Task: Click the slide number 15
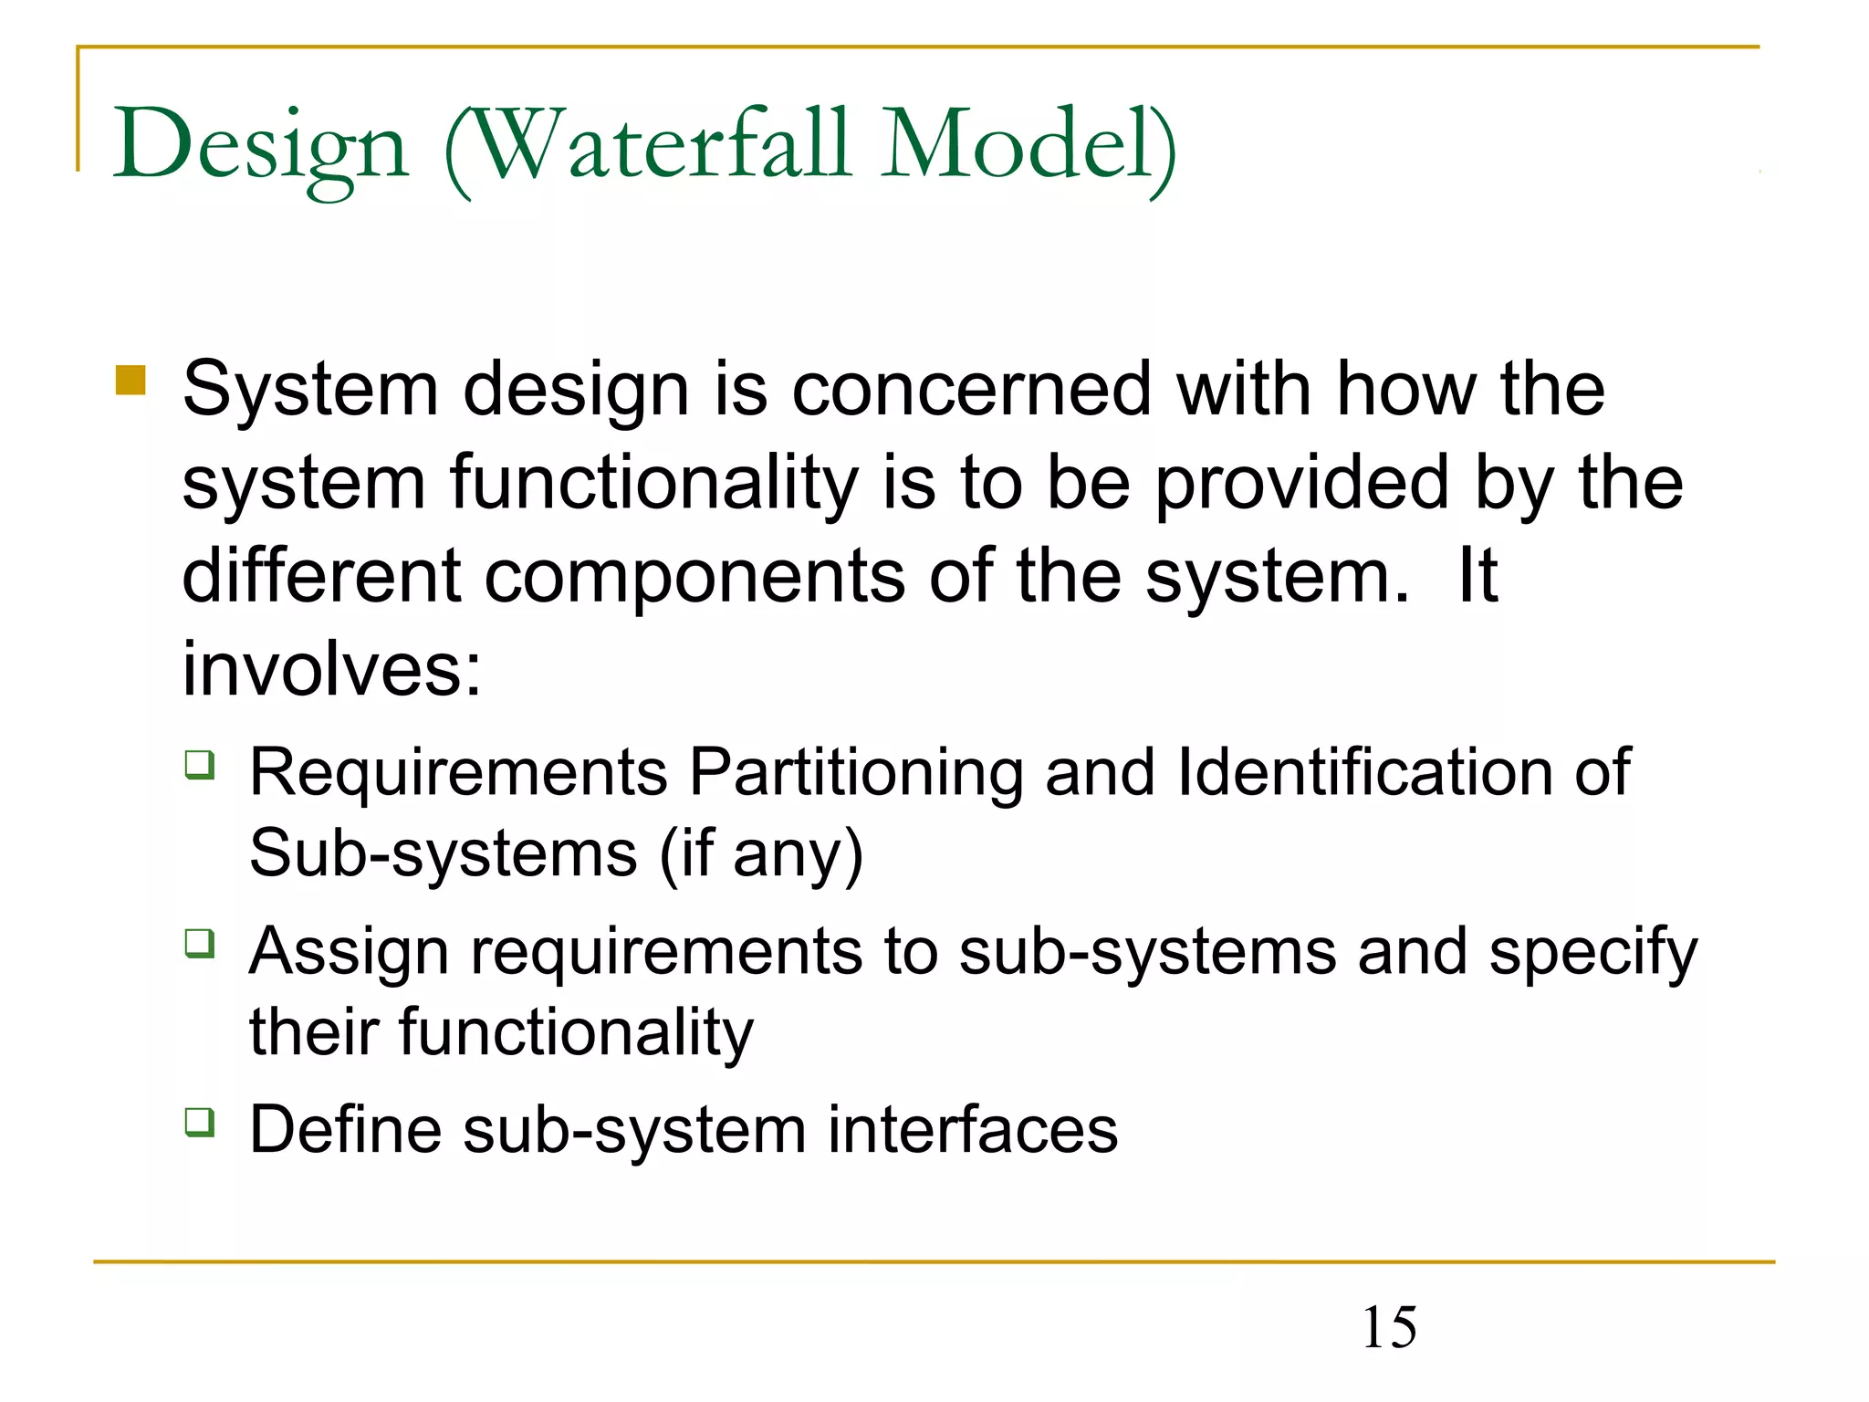point(1389,1327)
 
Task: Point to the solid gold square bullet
point(131,381)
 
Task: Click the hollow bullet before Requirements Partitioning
point(200,764)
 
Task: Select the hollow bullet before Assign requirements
point(200,943)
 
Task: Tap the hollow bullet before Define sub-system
point(200,1122)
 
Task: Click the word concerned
point(971,389)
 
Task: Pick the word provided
point(1301,484)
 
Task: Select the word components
point(694,578)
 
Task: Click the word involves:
point(331,670)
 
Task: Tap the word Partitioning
point(855,773)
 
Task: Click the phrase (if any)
point(760,853)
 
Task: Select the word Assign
point(349,952)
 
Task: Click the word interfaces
point(972,1130)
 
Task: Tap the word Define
point(345,1130)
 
